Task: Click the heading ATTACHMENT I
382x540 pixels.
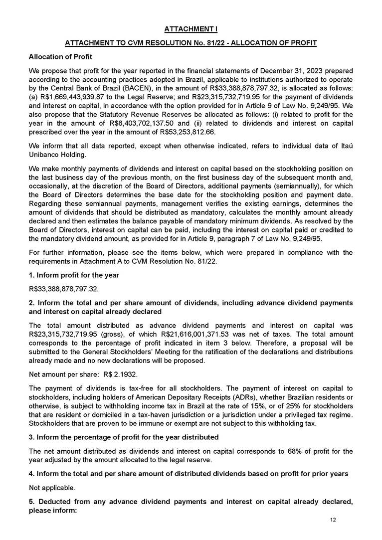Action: coord(191,29)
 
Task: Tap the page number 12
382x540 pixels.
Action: coord(333,520)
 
